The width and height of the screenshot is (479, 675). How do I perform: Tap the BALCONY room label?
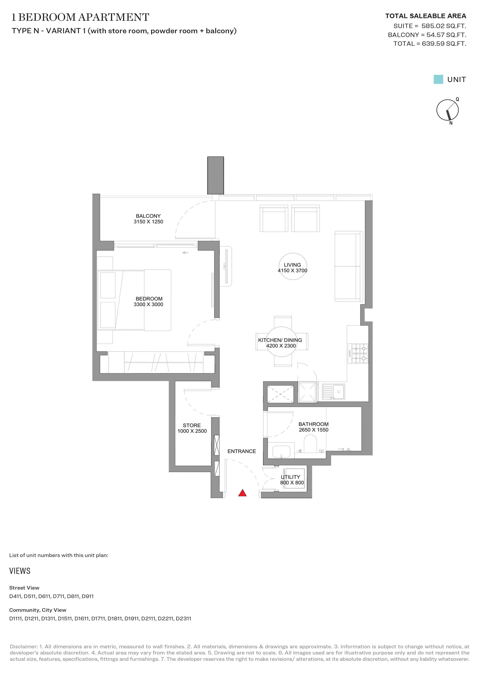point(148,216)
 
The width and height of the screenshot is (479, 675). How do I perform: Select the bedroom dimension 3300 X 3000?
point(148,305)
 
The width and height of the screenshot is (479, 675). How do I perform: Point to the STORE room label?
point(192,425)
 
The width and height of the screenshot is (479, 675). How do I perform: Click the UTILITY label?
point(291,477)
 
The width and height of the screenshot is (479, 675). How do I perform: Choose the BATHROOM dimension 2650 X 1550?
point(314,430)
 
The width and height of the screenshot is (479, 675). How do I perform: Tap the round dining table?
point(281,342)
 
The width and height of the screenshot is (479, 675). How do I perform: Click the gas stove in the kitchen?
point(358,353)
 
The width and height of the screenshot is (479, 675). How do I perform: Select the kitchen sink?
point(333,392)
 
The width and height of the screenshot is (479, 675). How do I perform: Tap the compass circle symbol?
point(447,110)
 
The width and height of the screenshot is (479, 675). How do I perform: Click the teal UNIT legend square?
point(438,79)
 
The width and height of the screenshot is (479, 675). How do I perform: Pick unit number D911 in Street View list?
point(88,596)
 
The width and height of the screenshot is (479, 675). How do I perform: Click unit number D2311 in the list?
point(183,618)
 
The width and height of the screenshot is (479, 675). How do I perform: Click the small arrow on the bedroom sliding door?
point(185,253)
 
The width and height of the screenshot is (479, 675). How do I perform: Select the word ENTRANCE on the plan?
point(242,451)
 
